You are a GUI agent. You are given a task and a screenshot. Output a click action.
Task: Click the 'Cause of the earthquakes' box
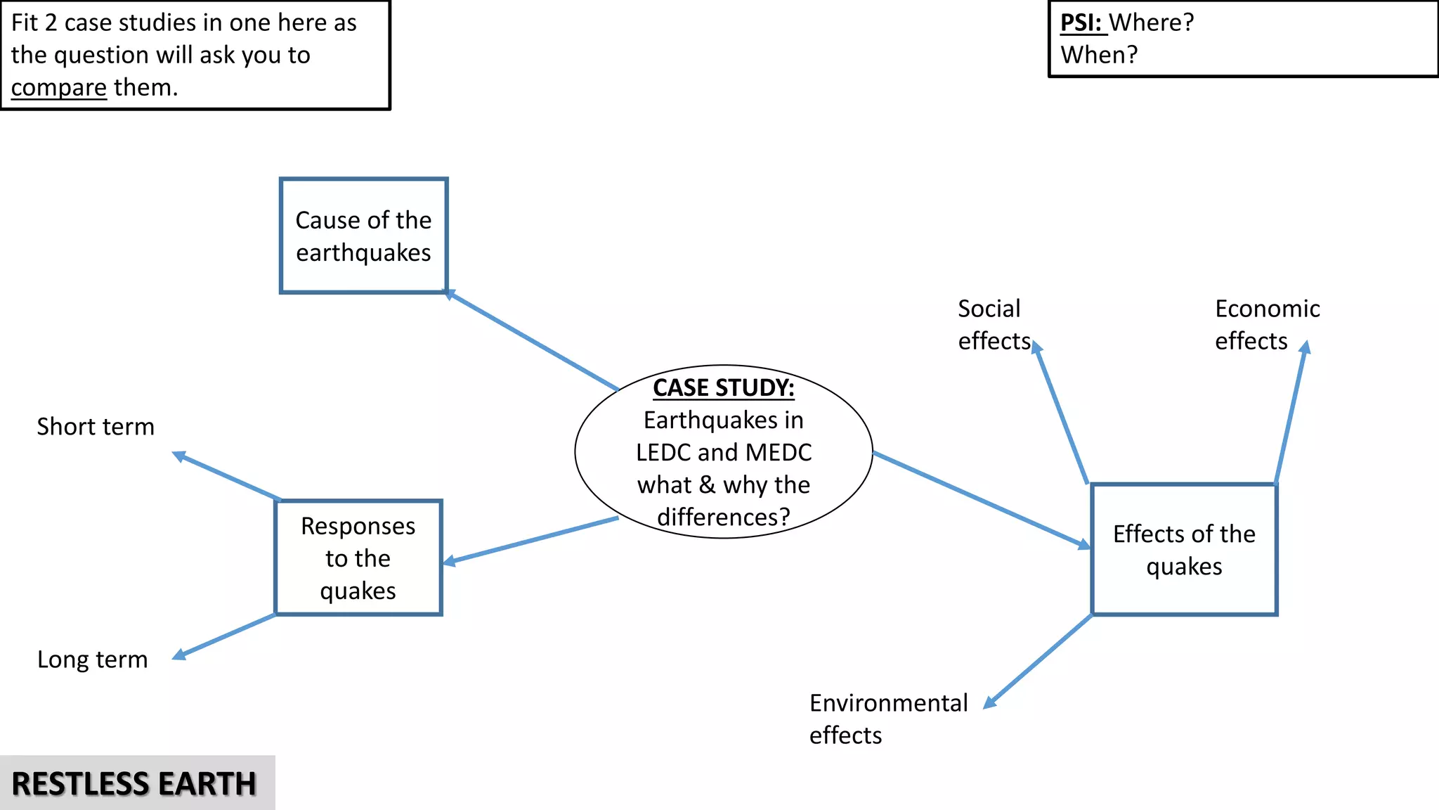pyautogui.click(x=363, y=236)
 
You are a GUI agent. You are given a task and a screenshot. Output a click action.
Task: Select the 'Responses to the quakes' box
pyautogui.click(x=358, y=558)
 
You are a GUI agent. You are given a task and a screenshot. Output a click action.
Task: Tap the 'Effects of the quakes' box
pyautogui.click(x=1184, y=549)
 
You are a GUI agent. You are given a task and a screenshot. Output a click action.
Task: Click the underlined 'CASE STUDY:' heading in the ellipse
pyautogui.click(x=723, y=388)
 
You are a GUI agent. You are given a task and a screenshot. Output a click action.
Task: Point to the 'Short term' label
pyautogui.click(x=96, y=427)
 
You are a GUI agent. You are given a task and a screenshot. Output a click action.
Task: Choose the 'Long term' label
pyautogui.click(x=93, y=660)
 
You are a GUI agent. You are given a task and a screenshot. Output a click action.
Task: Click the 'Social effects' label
pyautogui.click(x=992, y=325)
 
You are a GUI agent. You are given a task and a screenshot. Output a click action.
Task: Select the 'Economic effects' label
pyautogui.click(x=1267, y=325)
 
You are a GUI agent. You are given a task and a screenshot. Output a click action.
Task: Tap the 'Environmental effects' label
pyautogui.click(x=887, y=719)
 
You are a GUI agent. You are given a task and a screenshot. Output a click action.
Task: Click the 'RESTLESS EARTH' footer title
pyautogui.click(x=134, y=784)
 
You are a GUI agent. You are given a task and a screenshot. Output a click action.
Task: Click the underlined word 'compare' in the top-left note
pyautogui.click(x=58, y=88)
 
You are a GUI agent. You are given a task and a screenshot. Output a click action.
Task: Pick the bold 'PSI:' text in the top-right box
pyautogui.click(x=1081, y=22)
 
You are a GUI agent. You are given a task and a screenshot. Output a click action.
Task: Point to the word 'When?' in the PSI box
pyautogui.click(x=1099, y=55)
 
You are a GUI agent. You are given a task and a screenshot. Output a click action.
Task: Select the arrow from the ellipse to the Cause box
pyautogui.click(x=532, y=340)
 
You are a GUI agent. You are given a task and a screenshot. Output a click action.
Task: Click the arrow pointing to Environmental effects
pyautogui.click(x=1038, y=661)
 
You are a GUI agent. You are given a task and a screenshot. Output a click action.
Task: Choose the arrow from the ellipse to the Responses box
pyautogui.click(x=530, y=540)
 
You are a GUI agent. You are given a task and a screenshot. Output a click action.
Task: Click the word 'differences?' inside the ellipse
pyautogui.click(x=723, y=517)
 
